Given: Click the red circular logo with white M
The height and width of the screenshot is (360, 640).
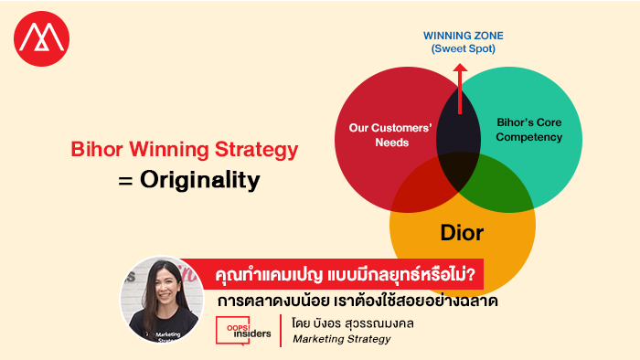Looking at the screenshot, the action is (42, 38).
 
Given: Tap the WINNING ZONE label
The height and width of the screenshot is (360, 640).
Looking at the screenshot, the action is (464, 36).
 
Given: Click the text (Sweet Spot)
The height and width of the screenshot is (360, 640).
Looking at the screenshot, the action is (464, 48).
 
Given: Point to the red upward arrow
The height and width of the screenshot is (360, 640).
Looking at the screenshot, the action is (460, 89).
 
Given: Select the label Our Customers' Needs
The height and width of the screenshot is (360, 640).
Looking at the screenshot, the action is (390, 135).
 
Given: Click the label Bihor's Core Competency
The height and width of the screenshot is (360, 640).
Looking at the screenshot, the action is (529, 130).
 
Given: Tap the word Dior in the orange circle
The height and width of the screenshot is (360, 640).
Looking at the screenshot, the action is (462, 233).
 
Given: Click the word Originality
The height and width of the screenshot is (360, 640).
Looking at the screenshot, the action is (200, 180).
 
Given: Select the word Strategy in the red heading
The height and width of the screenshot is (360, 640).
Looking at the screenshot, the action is (256, 150).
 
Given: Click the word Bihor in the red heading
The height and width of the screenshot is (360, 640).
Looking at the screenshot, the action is (97, 149).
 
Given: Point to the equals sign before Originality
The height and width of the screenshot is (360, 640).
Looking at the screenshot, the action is (125, 181).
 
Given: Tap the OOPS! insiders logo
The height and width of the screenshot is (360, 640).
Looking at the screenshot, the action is (244, 330).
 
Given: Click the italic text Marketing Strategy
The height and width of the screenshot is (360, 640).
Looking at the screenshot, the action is (342, 339).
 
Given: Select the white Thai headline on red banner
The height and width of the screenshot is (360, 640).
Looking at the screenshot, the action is (345, 274).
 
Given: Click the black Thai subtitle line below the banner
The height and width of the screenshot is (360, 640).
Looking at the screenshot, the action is (357, 302).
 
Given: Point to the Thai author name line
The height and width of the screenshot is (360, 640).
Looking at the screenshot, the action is (353, 323).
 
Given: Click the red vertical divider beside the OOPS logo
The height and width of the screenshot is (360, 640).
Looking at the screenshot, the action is (281, 331).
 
